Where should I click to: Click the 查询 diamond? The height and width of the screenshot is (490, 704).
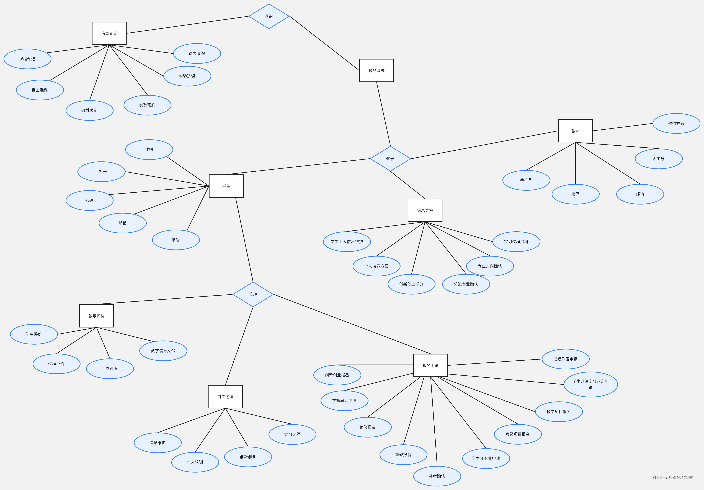[269, 16]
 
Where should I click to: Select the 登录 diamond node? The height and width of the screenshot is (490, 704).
[390, 159]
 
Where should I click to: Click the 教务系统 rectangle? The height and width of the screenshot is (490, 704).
[376, 70]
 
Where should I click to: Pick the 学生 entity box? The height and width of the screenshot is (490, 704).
[226, 186]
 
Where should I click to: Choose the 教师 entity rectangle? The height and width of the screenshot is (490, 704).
[575, 131]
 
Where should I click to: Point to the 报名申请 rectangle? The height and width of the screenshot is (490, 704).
[430, 365]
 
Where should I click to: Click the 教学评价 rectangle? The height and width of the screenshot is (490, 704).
[96, 316]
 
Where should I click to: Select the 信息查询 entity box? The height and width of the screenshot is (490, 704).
[109, 33]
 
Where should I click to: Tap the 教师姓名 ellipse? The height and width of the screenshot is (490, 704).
[676, 124]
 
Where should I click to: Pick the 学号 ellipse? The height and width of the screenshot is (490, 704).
[176, 240]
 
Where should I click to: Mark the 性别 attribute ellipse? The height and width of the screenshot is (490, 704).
[149, 150]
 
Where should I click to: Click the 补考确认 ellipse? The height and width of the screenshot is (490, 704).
[437, 476]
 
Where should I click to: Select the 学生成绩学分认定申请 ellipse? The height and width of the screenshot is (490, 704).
[590, 384]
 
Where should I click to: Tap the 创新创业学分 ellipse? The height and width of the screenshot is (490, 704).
[411, 284]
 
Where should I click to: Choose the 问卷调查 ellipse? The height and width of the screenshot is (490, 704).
[110, 369]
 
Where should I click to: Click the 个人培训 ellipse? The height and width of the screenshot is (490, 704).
[195, 462]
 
